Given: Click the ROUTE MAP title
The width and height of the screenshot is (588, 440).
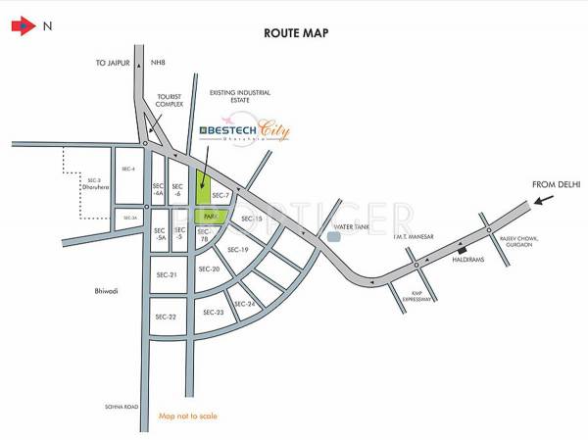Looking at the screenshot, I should click(296, 33).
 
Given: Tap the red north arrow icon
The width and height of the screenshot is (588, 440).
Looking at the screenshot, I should click(21, 27).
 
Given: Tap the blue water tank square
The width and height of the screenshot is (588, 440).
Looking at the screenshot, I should click(335, 235).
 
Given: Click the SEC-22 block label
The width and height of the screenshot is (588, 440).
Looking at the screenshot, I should click(166, 317).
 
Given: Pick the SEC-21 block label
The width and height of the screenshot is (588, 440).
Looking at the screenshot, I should click(166, 274).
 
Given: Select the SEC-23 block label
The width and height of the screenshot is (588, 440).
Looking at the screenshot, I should click(214, 312).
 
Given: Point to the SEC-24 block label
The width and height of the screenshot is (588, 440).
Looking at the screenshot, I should click(245, 304).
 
